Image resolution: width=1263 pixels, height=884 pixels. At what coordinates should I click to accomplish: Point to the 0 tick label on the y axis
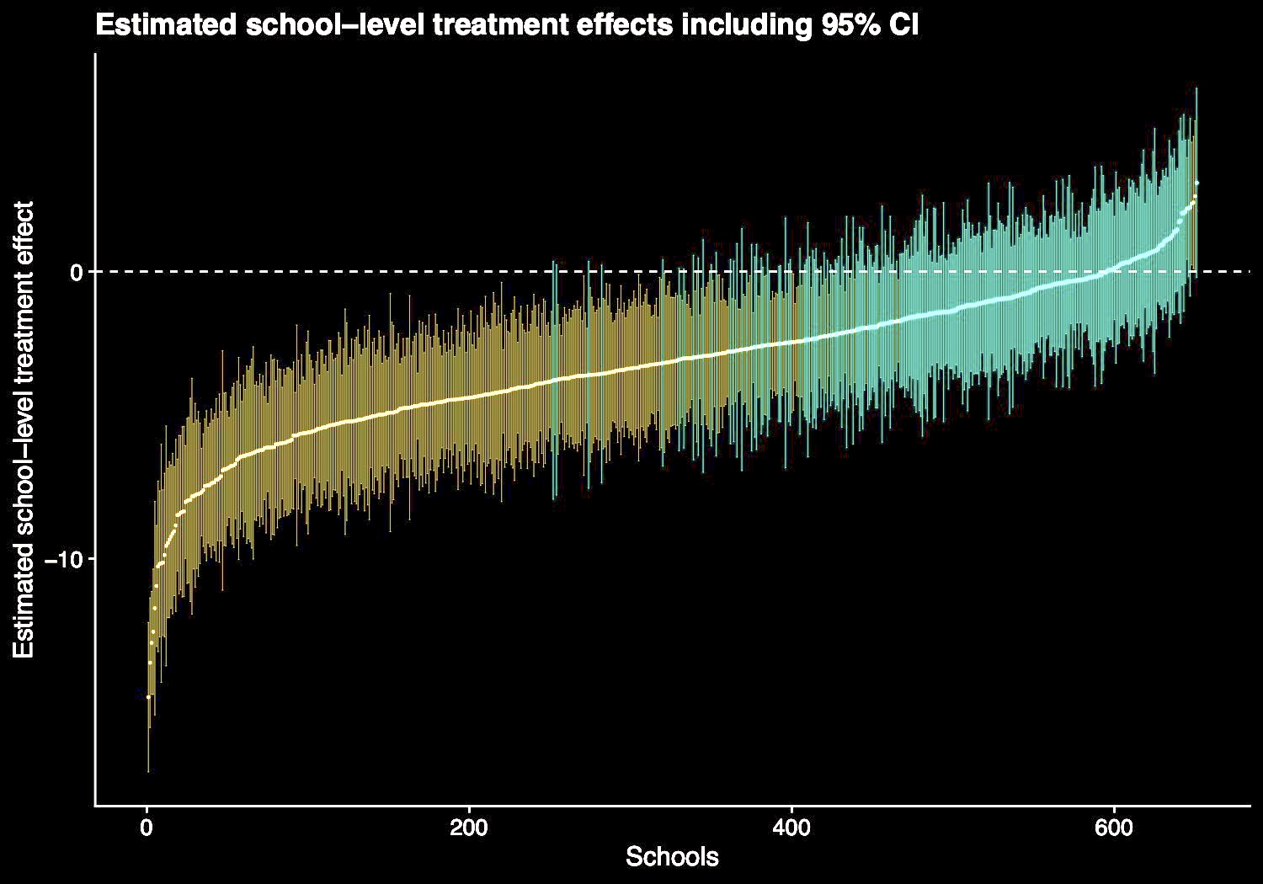75,272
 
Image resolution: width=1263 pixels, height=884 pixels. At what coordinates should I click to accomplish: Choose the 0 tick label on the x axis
147,827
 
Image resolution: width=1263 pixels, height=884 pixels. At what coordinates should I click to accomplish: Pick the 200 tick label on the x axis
469,827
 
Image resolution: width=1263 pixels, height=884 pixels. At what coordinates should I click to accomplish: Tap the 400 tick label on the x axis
791,827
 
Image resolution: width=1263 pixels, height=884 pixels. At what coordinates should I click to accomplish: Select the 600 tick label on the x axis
1114,827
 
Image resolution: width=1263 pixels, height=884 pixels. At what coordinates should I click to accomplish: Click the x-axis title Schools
672,857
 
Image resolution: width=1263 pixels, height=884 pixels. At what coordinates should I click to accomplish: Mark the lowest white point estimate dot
148,696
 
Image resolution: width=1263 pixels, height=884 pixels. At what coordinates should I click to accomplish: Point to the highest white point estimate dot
1196,184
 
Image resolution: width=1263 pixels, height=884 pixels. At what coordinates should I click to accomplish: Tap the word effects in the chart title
622,25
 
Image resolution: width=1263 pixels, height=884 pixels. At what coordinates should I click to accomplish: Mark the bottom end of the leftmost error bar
148,771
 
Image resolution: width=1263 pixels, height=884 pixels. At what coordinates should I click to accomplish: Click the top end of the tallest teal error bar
1196,88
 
